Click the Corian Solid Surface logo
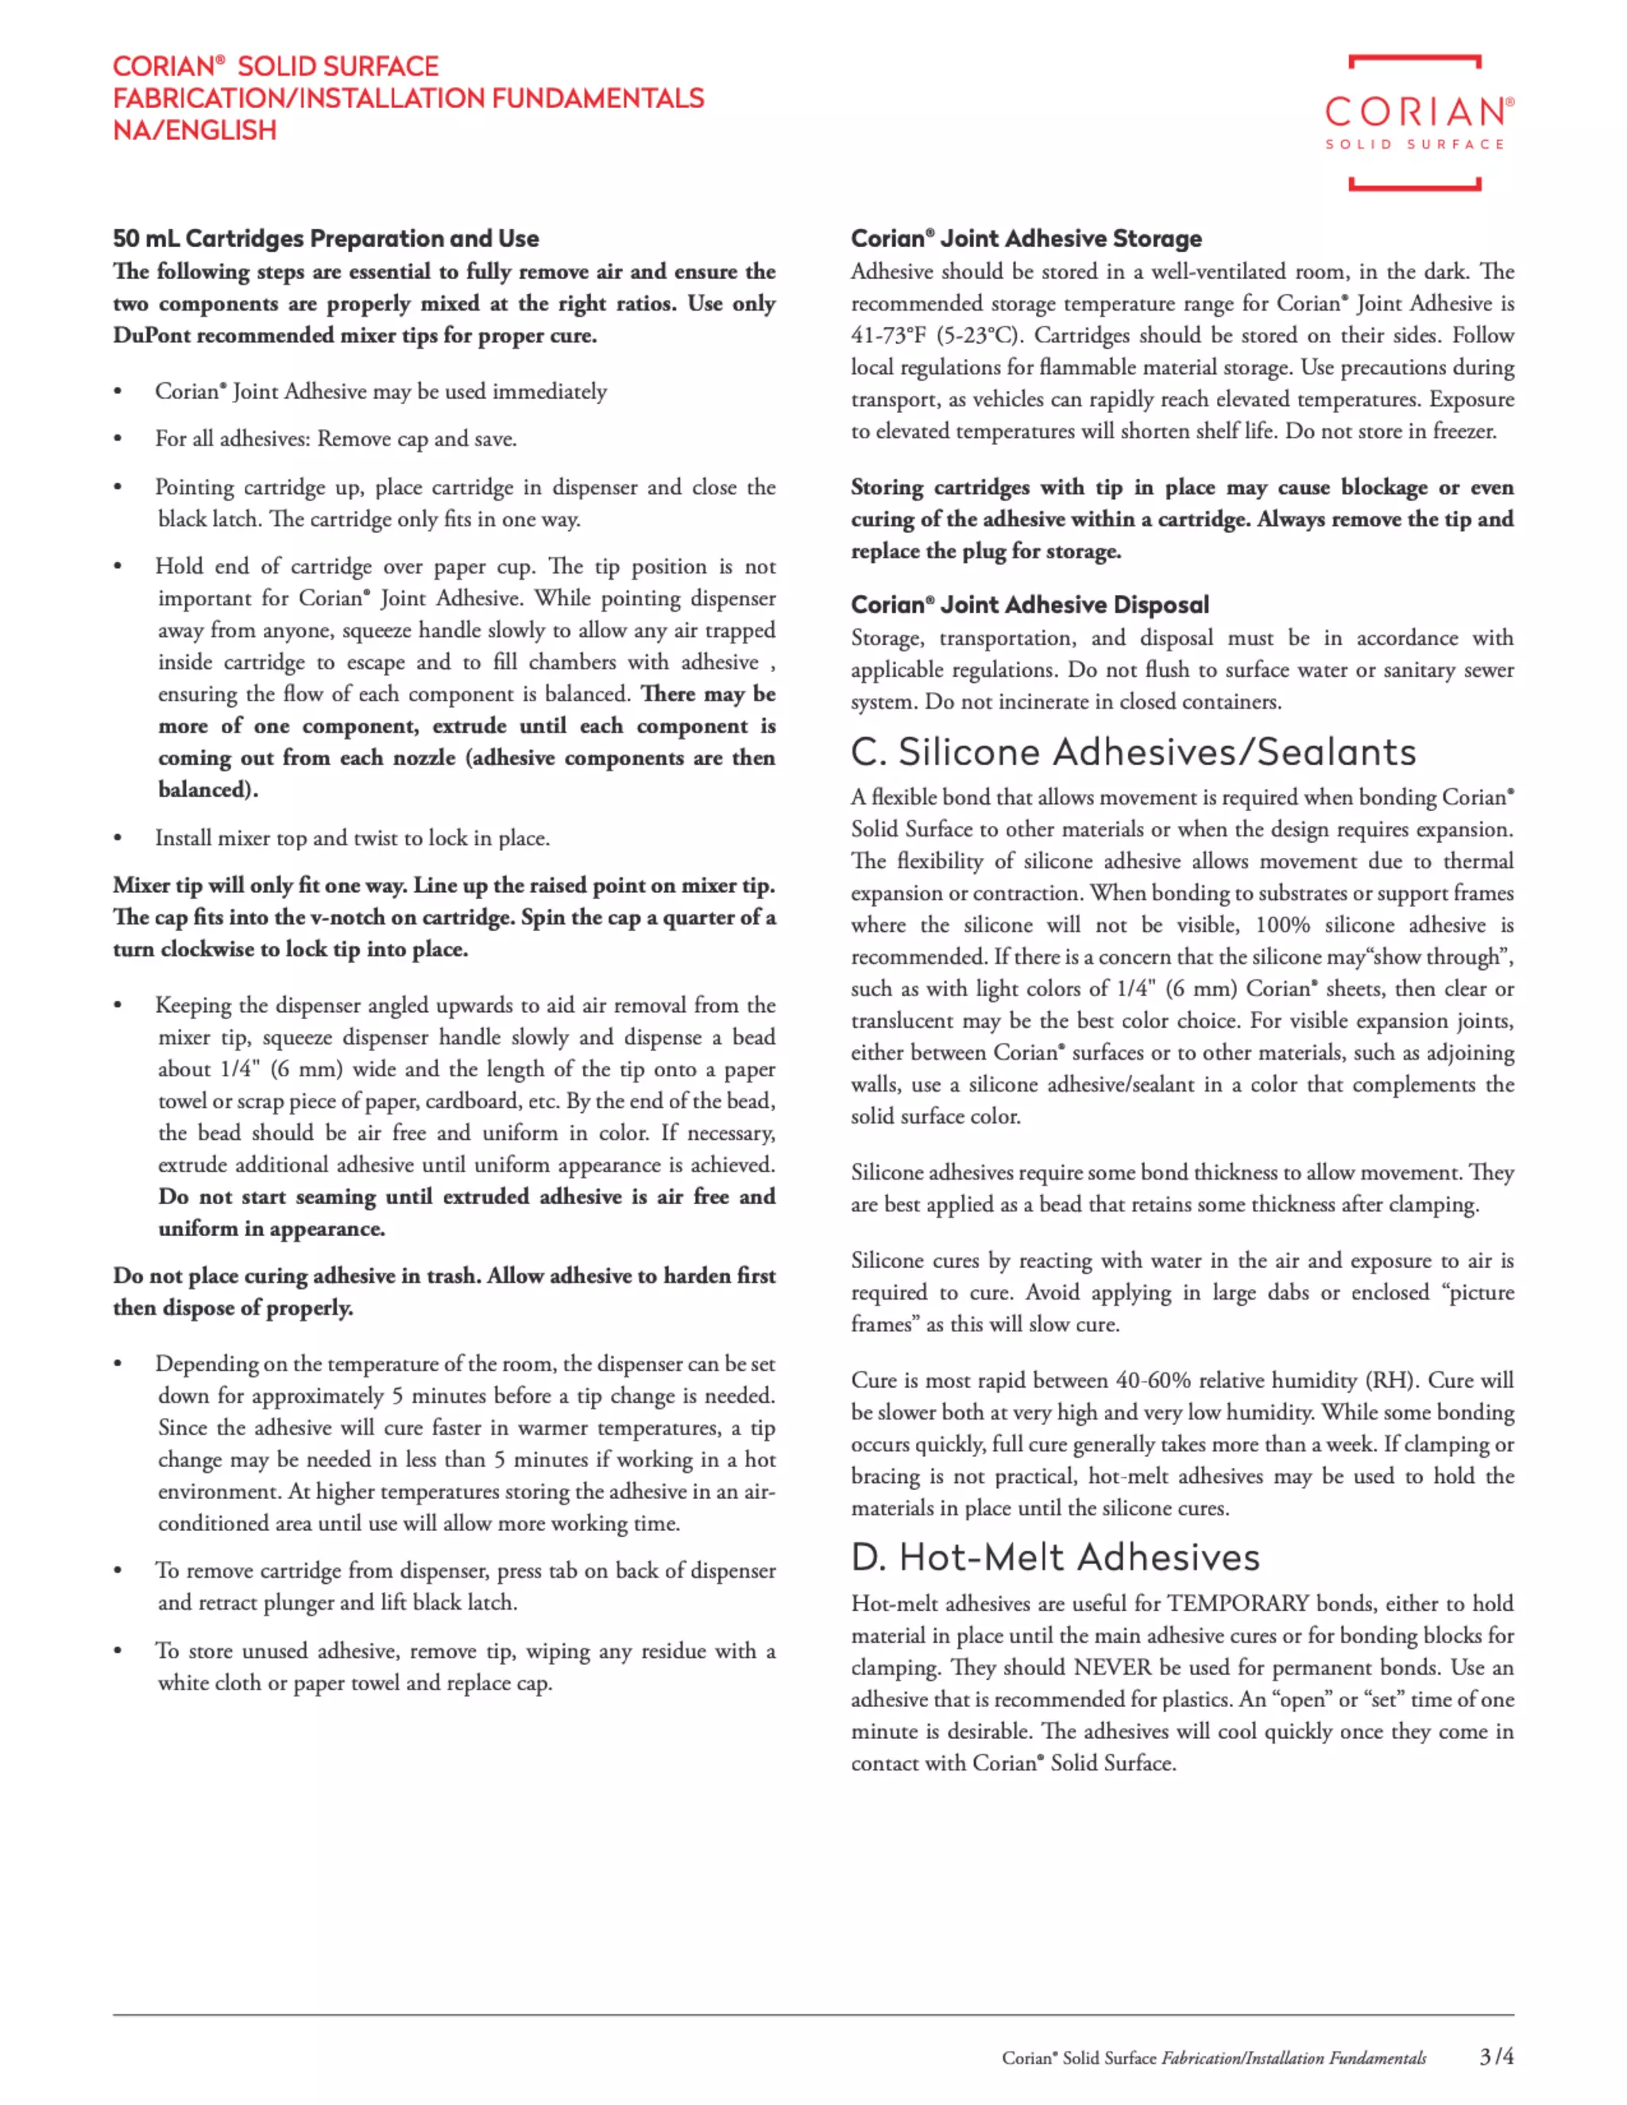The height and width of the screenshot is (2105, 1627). coord(1414,122)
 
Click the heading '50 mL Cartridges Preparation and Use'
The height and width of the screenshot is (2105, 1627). coord(326,238)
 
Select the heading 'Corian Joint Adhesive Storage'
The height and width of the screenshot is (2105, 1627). coord(1026,238)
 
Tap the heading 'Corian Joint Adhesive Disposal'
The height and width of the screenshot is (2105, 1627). coord(1030,604)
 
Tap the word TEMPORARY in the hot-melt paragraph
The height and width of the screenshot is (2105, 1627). coord(1238,1603)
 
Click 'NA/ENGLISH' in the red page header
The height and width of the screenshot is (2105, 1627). coord(195,130)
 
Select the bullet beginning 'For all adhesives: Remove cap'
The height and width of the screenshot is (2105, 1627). coord(335,438)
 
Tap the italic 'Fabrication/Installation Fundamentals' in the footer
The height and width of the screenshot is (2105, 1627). coord(1293,2058)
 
